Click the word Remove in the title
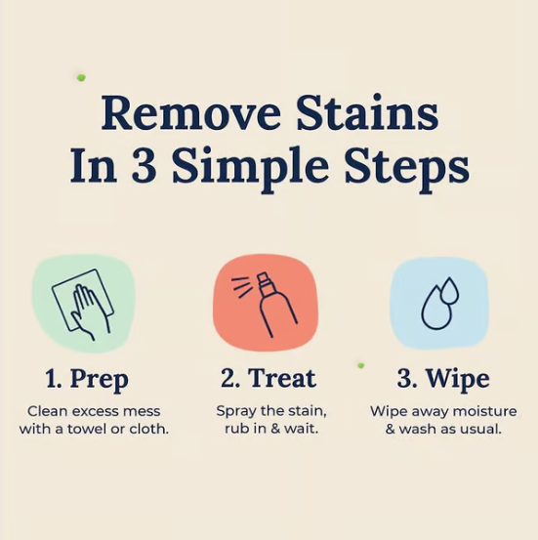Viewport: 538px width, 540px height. tap(191, 112)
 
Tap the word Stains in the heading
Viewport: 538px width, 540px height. tap(367, 112)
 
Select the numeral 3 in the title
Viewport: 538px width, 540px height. tap(143, 165)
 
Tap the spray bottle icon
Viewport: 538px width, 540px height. tap(266, 304)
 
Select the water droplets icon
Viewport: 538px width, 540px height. tap(440, 303)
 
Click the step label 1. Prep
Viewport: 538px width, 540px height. tap(87, 380)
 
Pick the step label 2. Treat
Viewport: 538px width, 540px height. tap(268, 378)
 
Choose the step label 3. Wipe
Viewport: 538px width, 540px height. tap(443, 380)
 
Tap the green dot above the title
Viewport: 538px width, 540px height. tap(81, 78)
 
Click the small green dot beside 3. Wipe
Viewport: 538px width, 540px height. tap(360, 365)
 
